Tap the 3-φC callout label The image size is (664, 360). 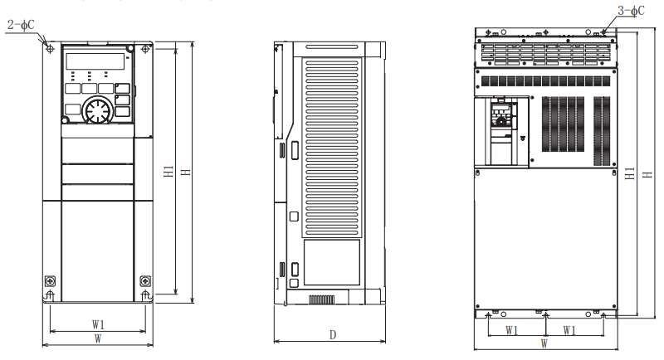click(x=631, y=11)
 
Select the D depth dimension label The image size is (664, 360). click(x=332, y=335)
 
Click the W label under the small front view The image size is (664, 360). click(x=98, y=339)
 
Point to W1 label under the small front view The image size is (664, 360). click(x=98, y=324)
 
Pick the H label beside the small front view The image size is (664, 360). click(x=186, y=171)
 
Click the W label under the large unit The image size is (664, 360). click(x=544, y=342)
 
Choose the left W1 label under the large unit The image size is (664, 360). click(x=514, y=329)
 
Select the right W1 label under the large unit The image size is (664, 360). click(x=570, y=329)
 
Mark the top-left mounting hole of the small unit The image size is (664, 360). click(x=51, y=49)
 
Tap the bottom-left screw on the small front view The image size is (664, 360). click(x=50, y=280)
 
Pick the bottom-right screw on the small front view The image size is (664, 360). click(x=145, y=280)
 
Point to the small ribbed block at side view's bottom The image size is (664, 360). click(x=321, y=298)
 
